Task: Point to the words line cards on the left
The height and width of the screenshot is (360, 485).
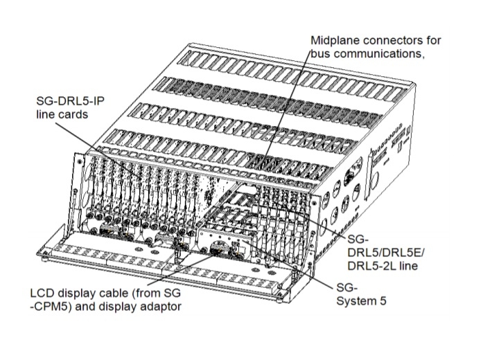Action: pyautogui.click(x=62, y=114)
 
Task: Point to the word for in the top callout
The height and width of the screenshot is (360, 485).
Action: pyautogui.click(x=432, y=40)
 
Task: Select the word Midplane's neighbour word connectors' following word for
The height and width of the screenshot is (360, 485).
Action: pyautogui.click(x=432, y=40)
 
